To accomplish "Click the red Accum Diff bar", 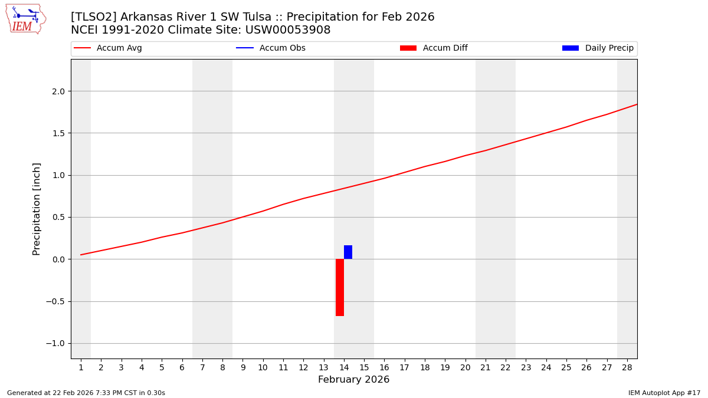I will [x=340, y=287].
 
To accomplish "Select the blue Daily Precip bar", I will [x=348, y=252].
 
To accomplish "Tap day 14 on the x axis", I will [x=344, y=368].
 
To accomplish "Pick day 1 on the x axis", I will [x=81, y=368].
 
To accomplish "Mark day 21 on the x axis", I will [x=486, y=368].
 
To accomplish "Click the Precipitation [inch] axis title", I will [x=37, y=209].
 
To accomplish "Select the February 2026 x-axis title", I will [x=353, y=380].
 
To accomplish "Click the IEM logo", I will [x=25, y=19].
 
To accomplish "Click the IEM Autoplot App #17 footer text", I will [x=664, y=393].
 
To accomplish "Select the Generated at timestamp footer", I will [x=86, y=393].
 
